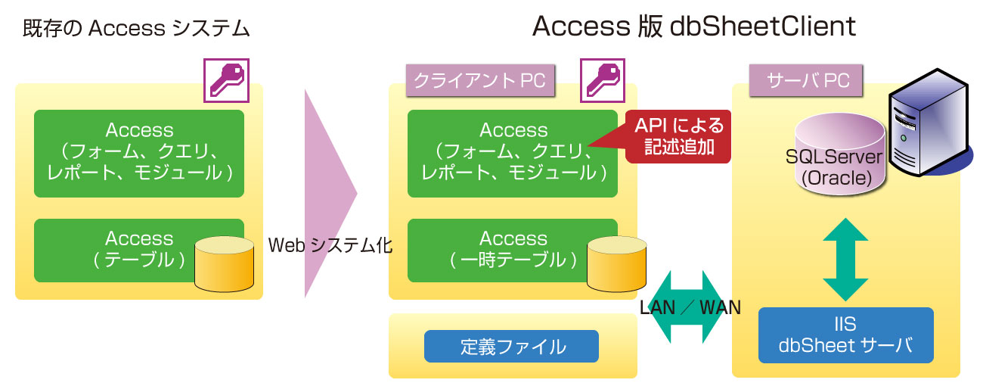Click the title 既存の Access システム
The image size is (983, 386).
tap(136, 29)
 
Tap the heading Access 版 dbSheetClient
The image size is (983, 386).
tap(694, 26)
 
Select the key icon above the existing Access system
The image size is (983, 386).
tap(226, 81)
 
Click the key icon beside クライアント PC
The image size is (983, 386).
tap(603, 81)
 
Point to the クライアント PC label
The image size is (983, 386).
tap(480, 81)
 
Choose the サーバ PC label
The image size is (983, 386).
tap(806, 81)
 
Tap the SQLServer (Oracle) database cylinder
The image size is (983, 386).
tap(839, 154)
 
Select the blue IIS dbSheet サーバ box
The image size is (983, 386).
tap(845, 335)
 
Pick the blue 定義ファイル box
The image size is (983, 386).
tap(511, 347)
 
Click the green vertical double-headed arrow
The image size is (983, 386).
tap(845, 259)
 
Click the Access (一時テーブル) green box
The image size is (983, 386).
tap(512, 251)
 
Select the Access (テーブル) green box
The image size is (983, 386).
tap(138, 251)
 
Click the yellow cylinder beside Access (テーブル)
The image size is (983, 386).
tap(225, 264)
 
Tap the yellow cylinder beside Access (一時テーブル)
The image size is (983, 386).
tap(616, 264)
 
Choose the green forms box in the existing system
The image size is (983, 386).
tap(138, 153)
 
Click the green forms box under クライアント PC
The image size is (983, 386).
tap(512, 153)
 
